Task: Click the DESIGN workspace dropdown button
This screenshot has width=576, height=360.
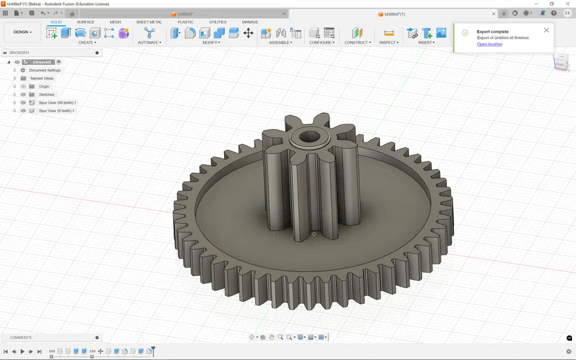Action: pos(22,32)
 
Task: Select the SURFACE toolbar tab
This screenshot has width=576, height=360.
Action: pos(85,22)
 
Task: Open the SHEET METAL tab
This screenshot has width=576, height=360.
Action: pos(149,22)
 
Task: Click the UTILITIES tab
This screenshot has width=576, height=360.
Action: pos(218,22)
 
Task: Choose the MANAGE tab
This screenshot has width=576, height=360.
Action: pos(250,22)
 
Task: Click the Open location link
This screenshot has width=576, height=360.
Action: pos(490,44)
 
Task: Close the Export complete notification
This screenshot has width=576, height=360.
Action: pos(547,30)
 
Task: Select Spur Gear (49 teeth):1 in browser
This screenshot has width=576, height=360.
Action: pos(57,103)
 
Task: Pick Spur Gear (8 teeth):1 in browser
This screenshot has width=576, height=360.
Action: pos(56,111)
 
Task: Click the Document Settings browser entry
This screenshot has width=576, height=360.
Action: pos(45,70)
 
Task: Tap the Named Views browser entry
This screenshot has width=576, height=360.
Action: pos(42,78)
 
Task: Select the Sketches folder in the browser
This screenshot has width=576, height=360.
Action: pos(47,94)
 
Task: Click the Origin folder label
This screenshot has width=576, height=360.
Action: pos(44,86)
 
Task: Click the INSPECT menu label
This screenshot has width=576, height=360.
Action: pos(389,43)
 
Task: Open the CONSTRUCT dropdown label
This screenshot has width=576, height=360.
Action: pos(357,43)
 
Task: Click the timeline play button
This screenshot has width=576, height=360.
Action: pos(22,351)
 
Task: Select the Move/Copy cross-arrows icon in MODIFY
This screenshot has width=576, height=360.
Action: pos(248,33)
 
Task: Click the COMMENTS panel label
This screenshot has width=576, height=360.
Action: pos(21,338)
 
